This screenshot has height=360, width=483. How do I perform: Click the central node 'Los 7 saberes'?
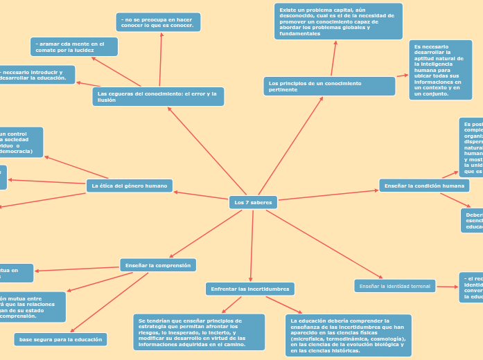tap(253, 202)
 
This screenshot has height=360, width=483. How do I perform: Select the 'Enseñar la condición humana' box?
tap(424, 186)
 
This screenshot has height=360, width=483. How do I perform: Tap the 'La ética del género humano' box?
tap(130, 186)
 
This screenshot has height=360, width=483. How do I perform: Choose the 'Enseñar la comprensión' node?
tap(158, 264)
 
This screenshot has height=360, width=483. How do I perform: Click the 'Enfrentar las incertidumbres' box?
tap(250, 288)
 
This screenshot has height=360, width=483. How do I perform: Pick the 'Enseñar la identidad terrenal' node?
tap(395, 286)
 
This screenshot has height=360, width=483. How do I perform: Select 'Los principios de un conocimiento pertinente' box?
tap(329, 86)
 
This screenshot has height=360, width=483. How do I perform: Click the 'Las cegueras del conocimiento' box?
tap(158, 96)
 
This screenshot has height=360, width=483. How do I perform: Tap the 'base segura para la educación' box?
tap(60, 339)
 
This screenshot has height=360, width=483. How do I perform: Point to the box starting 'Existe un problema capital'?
tap(338, 21)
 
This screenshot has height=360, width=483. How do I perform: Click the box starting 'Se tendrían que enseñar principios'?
tap(198, 332)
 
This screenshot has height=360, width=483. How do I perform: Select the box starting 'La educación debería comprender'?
tap(348, 335)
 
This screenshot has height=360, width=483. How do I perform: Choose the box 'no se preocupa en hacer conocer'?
tap(159, 22)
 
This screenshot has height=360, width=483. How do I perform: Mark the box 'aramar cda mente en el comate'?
tap(73, 46)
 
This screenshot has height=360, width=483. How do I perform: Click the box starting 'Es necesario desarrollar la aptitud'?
tap(440, 70)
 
